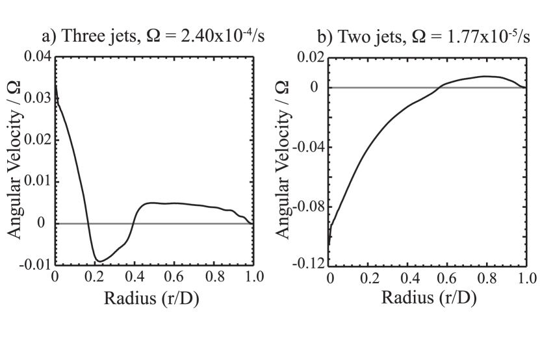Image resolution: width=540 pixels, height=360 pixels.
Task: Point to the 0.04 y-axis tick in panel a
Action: tap(36, 57)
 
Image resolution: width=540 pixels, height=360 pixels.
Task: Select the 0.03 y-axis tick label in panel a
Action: tap(36, 99)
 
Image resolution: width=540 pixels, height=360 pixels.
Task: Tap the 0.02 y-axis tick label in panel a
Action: tap(36, 140)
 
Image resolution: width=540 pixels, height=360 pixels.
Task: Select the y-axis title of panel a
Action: tap(14, 161)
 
